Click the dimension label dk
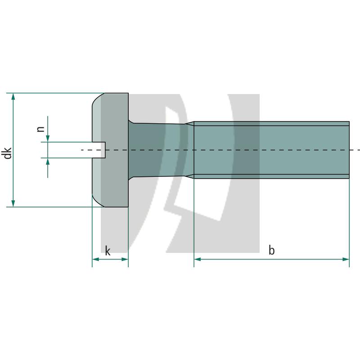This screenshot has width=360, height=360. pyautogui.click(x=8, y=153)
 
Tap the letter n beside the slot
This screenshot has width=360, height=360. pyautogui.click(x=40, y=129)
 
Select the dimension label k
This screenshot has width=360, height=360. pyautogui.click(x=108, y=251)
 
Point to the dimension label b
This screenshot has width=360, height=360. pyautogui.click(x=272, y=250)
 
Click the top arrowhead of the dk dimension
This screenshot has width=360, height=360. pyautogui.click(x=13, y=96)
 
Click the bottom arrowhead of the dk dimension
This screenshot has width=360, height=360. pyautogui.click(x=13, y=203)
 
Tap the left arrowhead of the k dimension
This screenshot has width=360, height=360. pyautogui.click(x=95, y=259)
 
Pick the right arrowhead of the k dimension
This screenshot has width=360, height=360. pyautogui.click(x=125, y=259)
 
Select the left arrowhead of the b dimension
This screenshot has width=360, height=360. pyautogui.click(x=198, y=259)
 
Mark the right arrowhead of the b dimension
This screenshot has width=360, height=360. pyautogui.click(x=346, y=259)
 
